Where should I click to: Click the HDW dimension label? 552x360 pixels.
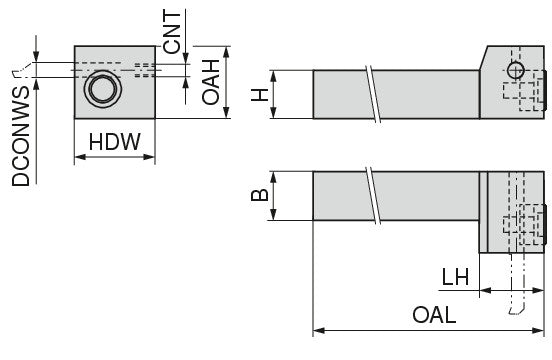click(114, 142)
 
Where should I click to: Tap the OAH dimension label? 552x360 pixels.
click(211, 82)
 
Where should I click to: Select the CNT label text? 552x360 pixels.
click(172, 32)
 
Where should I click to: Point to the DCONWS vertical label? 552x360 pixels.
click(21, 136)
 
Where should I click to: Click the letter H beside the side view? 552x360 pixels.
click(260, 95)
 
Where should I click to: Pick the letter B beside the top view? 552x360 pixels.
click(260, 195)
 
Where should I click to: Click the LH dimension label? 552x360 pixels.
click(455, 277)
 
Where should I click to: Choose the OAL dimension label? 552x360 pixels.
click(434, 315)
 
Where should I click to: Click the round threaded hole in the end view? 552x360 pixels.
click(103, 89)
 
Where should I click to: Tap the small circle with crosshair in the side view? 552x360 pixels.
click(516, 70)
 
